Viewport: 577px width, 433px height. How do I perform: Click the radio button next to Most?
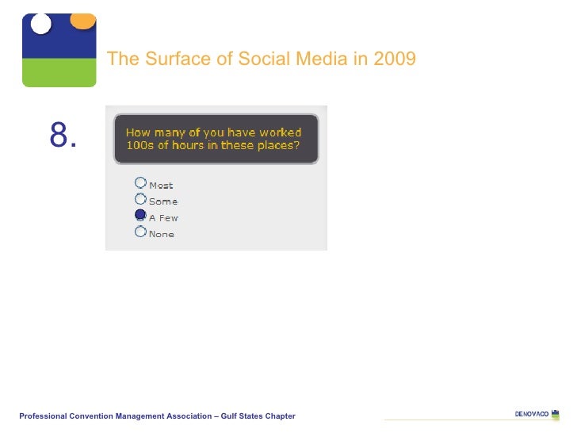click(x=140, y=182)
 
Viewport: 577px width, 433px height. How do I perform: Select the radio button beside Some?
click(x=140, y=199)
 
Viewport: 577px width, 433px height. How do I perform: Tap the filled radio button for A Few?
click(x=140, y=215)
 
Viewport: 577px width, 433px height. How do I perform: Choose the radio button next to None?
click(x=140, y=232)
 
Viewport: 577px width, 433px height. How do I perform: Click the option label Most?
click(x=161, y=186)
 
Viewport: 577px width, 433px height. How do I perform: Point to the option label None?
click(x=162, y=235)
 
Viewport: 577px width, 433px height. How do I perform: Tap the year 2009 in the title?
click(x=394, y=59)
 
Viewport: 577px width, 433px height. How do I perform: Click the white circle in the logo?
click(x=40, y=24)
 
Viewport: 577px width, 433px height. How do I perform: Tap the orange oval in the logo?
click(x=82, y=21)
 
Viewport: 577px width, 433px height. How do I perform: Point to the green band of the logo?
click(x=59, y=72)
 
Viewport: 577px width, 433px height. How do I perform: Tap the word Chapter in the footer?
click(x=279, y=416)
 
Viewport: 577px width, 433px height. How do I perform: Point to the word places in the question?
click(x=277, y=146)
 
